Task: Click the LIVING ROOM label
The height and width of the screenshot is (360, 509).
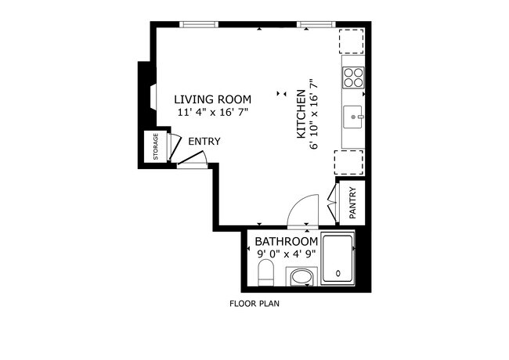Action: tap(212, 99)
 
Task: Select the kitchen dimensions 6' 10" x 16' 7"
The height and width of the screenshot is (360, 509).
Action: tap(315, 113)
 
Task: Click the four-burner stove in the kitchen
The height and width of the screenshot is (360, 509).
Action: tap(353, 77)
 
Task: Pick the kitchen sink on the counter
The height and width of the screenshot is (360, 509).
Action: tap(353, 117)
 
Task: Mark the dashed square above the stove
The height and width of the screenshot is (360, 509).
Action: tap(351, 41)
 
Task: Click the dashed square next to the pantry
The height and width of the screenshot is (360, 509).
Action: tap(350, 162)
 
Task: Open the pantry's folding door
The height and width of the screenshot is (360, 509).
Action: tap(333, 201)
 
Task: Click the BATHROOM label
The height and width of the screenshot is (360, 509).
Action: tap(287, 242)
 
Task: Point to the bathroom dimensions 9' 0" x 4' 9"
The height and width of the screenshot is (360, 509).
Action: tap(287, 254)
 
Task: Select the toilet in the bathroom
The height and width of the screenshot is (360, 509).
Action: tap(265, 274)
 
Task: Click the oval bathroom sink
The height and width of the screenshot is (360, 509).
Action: tap(301, 277)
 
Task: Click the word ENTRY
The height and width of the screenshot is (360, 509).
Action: tap(204, 142)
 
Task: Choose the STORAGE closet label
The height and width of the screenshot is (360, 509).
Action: tap(155, 147)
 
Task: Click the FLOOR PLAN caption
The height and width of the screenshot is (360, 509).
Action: tap(254, 304)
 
